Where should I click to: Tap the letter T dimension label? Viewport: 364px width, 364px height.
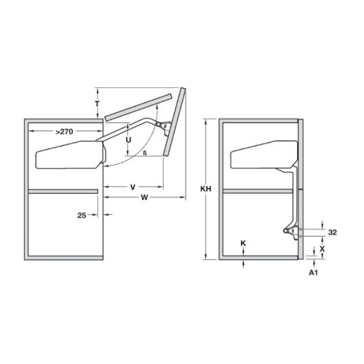coord(98,104)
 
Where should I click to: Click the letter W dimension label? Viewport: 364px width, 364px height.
coord(146,197)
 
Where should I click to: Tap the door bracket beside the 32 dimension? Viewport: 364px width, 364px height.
coord(293,232)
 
